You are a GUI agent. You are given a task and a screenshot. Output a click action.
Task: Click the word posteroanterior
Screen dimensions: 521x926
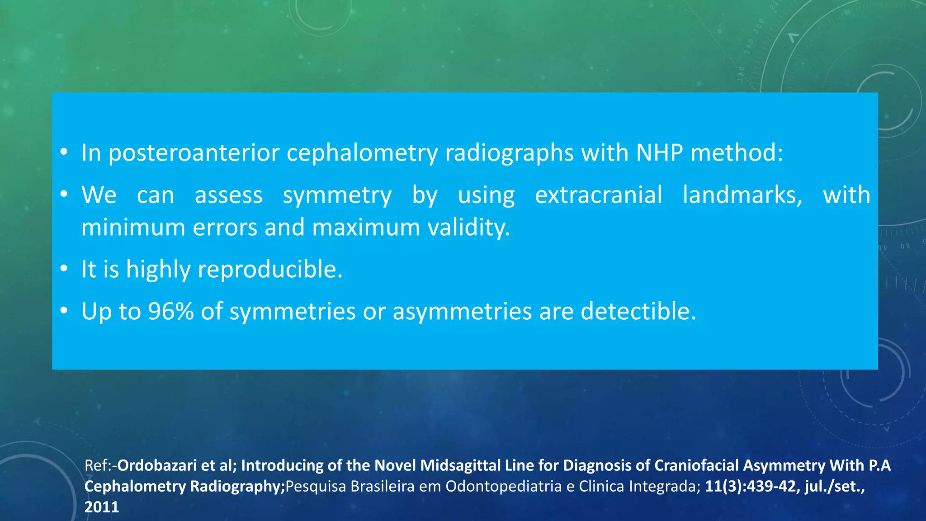(x=194, y=153)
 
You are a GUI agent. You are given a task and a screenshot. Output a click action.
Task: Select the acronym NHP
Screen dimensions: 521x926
(x=659, y=153)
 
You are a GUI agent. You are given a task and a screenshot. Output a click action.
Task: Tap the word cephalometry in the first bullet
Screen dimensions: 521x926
(x=362, y=153)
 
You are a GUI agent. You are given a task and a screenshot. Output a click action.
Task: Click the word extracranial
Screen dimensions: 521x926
(x=598, y=195)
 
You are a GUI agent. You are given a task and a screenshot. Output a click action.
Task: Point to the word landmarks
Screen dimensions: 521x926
(x=742, y=195)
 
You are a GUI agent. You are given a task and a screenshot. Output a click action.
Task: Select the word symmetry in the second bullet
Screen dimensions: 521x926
(x=337, y=195)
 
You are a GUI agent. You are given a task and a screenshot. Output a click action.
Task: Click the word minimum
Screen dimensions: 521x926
(x=133, y=227)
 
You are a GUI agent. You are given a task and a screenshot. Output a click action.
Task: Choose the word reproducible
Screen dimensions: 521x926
(x=270, y=270)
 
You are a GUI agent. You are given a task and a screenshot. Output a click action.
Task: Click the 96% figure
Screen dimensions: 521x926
(x=170, y=312)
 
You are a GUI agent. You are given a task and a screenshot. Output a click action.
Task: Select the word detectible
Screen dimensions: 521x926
(x=638, y=312)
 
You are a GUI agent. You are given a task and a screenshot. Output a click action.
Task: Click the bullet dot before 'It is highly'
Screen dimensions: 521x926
(x=64, y=269)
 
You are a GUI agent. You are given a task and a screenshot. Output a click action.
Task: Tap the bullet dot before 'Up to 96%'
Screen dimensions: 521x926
(x=64, y=311)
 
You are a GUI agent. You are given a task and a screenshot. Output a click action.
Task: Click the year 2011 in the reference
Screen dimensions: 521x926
(x=101, y=507)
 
